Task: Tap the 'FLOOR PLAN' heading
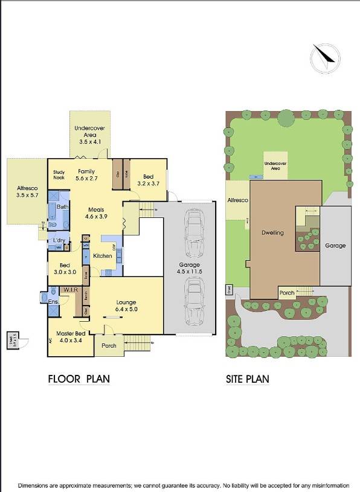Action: [79, 379]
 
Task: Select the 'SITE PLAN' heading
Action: [248, 379]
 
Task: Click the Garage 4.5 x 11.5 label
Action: [188, 269]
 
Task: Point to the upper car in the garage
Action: [194, 228]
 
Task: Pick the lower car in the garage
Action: [194, 305]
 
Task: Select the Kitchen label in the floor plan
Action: [103, 256]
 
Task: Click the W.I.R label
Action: [67, 289]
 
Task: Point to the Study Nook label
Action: [59, 175]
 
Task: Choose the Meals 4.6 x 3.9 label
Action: [95, 213]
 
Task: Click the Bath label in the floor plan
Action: [62, 206]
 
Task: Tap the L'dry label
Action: [59, 240]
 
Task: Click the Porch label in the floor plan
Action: [109, 345]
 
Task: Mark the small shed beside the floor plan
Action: [13, 341]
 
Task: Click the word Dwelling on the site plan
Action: [272, 232]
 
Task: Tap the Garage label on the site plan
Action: [335, 246]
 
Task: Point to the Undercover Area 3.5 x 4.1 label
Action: [89, 135]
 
